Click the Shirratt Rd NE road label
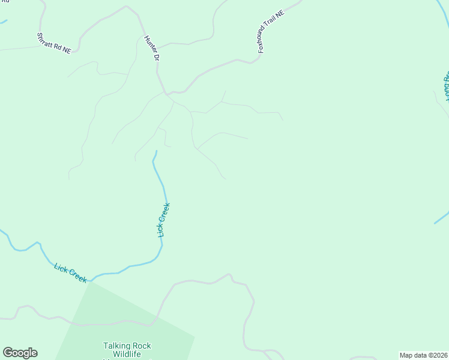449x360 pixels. [x=54, y=44]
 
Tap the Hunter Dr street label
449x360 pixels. [x=151, y=49]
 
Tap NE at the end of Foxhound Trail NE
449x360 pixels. [x=280, y=14]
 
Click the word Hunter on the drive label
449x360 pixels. [x=149, y=44]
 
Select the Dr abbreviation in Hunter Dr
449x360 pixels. [x=155, y=57]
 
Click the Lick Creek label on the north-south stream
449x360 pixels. [x=164, y=220]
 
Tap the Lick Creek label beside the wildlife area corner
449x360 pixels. [x=70, y=272]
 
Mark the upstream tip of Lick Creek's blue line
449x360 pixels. [x=156, y=151]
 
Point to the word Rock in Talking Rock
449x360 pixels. [x=142, y=346]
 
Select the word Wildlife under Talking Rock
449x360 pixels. [x=127, y=355]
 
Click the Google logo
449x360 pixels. [x=20, y=353]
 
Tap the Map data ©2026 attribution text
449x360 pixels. [x=424, y=355]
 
